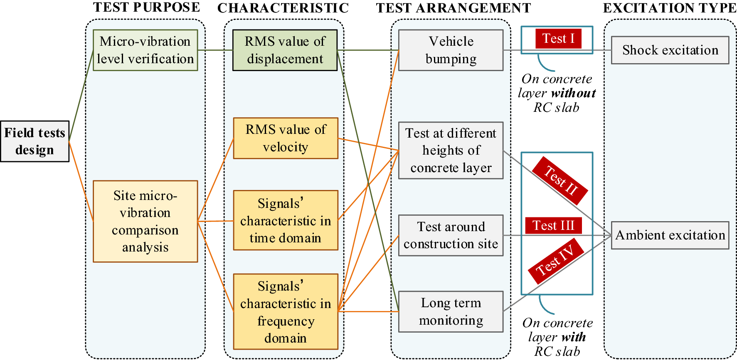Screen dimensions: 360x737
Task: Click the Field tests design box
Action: (35, 141)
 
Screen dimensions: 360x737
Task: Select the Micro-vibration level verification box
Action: (145, 50)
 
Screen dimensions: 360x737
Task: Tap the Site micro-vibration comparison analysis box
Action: (145, 221)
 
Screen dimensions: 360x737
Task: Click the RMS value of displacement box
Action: (285, 50)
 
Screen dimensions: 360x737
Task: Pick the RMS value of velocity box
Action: (286, 138)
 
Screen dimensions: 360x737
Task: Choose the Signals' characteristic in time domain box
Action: (286, 220)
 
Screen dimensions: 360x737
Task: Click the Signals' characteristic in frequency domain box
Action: (286, 311)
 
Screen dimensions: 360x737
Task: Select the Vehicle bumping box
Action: (451, 50)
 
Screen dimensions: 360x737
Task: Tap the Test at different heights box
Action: (451, 150)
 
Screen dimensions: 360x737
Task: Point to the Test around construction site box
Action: (451, 235)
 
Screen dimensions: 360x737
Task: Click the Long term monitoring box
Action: (451, 311)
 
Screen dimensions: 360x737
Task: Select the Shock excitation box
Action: (670, 50)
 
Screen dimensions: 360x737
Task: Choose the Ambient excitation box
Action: (670, 235)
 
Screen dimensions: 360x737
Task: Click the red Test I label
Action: (558, 39)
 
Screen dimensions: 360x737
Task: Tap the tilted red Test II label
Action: (560, 180)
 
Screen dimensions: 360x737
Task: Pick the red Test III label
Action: (553, 226)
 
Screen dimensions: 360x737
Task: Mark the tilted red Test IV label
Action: (556, 261)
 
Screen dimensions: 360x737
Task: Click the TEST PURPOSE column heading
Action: (146, 7)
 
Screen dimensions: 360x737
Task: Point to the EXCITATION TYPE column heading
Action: (669, 8)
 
